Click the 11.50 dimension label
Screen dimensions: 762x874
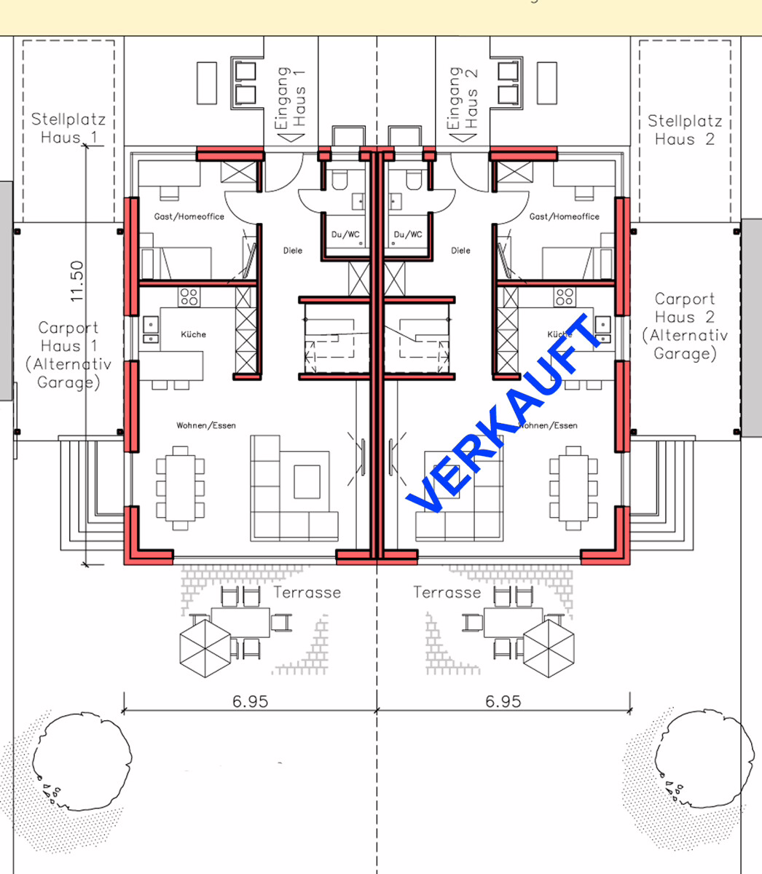point(76,281)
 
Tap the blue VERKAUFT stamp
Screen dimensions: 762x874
point(504,413)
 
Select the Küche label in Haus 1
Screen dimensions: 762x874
point(193,334)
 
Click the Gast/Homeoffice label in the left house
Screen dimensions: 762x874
point(189,216)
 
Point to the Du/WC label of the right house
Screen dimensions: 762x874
point(408,234)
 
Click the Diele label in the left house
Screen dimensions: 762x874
point(293,251)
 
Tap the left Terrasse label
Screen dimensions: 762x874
point(307,592)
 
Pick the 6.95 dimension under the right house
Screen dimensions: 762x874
point(503,701)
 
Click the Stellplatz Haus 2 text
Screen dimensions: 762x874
point(684,130)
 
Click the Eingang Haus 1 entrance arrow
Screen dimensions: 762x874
point(291,138)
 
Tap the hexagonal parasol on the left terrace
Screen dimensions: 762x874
point(205,648)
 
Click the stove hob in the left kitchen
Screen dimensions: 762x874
point(189,296)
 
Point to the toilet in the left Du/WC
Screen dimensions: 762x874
point(339,180)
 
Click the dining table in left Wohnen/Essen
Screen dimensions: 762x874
point(180,488)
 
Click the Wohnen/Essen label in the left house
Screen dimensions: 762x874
point(206,425)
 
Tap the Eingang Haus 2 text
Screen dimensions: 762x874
point(463,98)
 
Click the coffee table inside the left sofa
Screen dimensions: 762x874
point(307,482)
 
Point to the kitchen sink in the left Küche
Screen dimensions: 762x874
point(150,329)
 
